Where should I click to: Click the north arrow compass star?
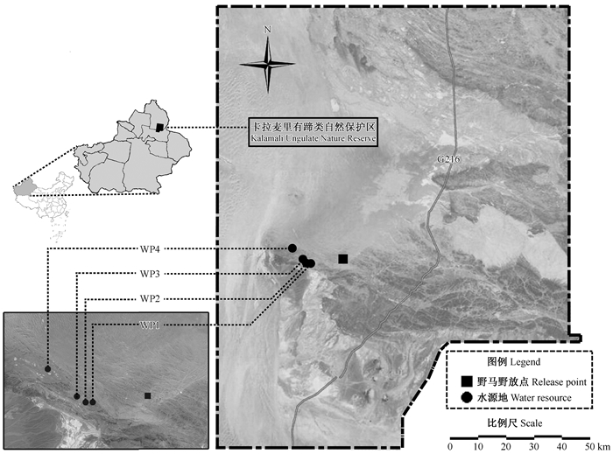coord(268,63)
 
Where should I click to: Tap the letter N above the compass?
coord(268,30)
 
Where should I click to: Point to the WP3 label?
coord(150,274)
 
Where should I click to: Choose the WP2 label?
coord(150,298)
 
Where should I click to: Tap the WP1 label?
coord(150,325)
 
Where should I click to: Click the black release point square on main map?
coord(343,258)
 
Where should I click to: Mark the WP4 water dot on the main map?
coord(292,248)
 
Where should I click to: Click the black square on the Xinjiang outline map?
coord(159,127)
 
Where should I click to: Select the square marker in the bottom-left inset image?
coord(148,395)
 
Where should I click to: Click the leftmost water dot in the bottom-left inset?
coord(47,369)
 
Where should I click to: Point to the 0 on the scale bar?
coord(450,446)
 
